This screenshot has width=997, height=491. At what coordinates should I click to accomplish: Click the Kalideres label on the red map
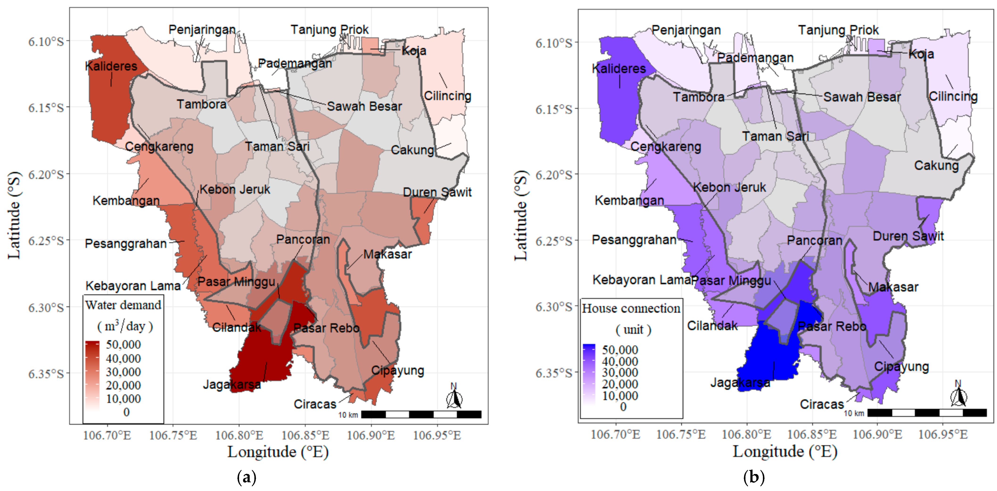click(x=111, y=66)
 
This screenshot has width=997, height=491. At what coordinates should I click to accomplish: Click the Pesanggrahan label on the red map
click(x=126, y=244)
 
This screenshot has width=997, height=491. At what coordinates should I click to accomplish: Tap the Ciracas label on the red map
click(x=315, y=404)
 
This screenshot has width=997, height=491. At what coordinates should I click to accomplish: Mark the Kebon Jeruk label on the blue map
click(x=729, y=187)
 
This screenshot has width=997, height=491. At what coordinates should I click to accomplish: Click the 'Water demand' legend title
click(x=123, y=305)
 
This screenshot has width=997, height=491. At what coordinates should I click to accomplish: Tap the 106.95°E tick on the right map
click(x=943, y=434)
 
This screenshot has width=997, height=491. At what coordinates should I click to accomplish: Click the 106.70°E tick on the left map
click(x=107, y=435)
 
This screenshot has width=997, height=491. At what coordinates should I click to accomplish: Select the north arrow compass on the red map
click(x=454, y=396)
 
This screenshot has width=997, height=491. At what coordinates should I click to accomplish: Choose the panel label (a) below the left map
click(x=247, y=477)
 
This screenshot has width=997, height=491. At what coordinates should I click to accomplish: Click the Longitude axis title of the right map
click(x=785, y=452)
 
